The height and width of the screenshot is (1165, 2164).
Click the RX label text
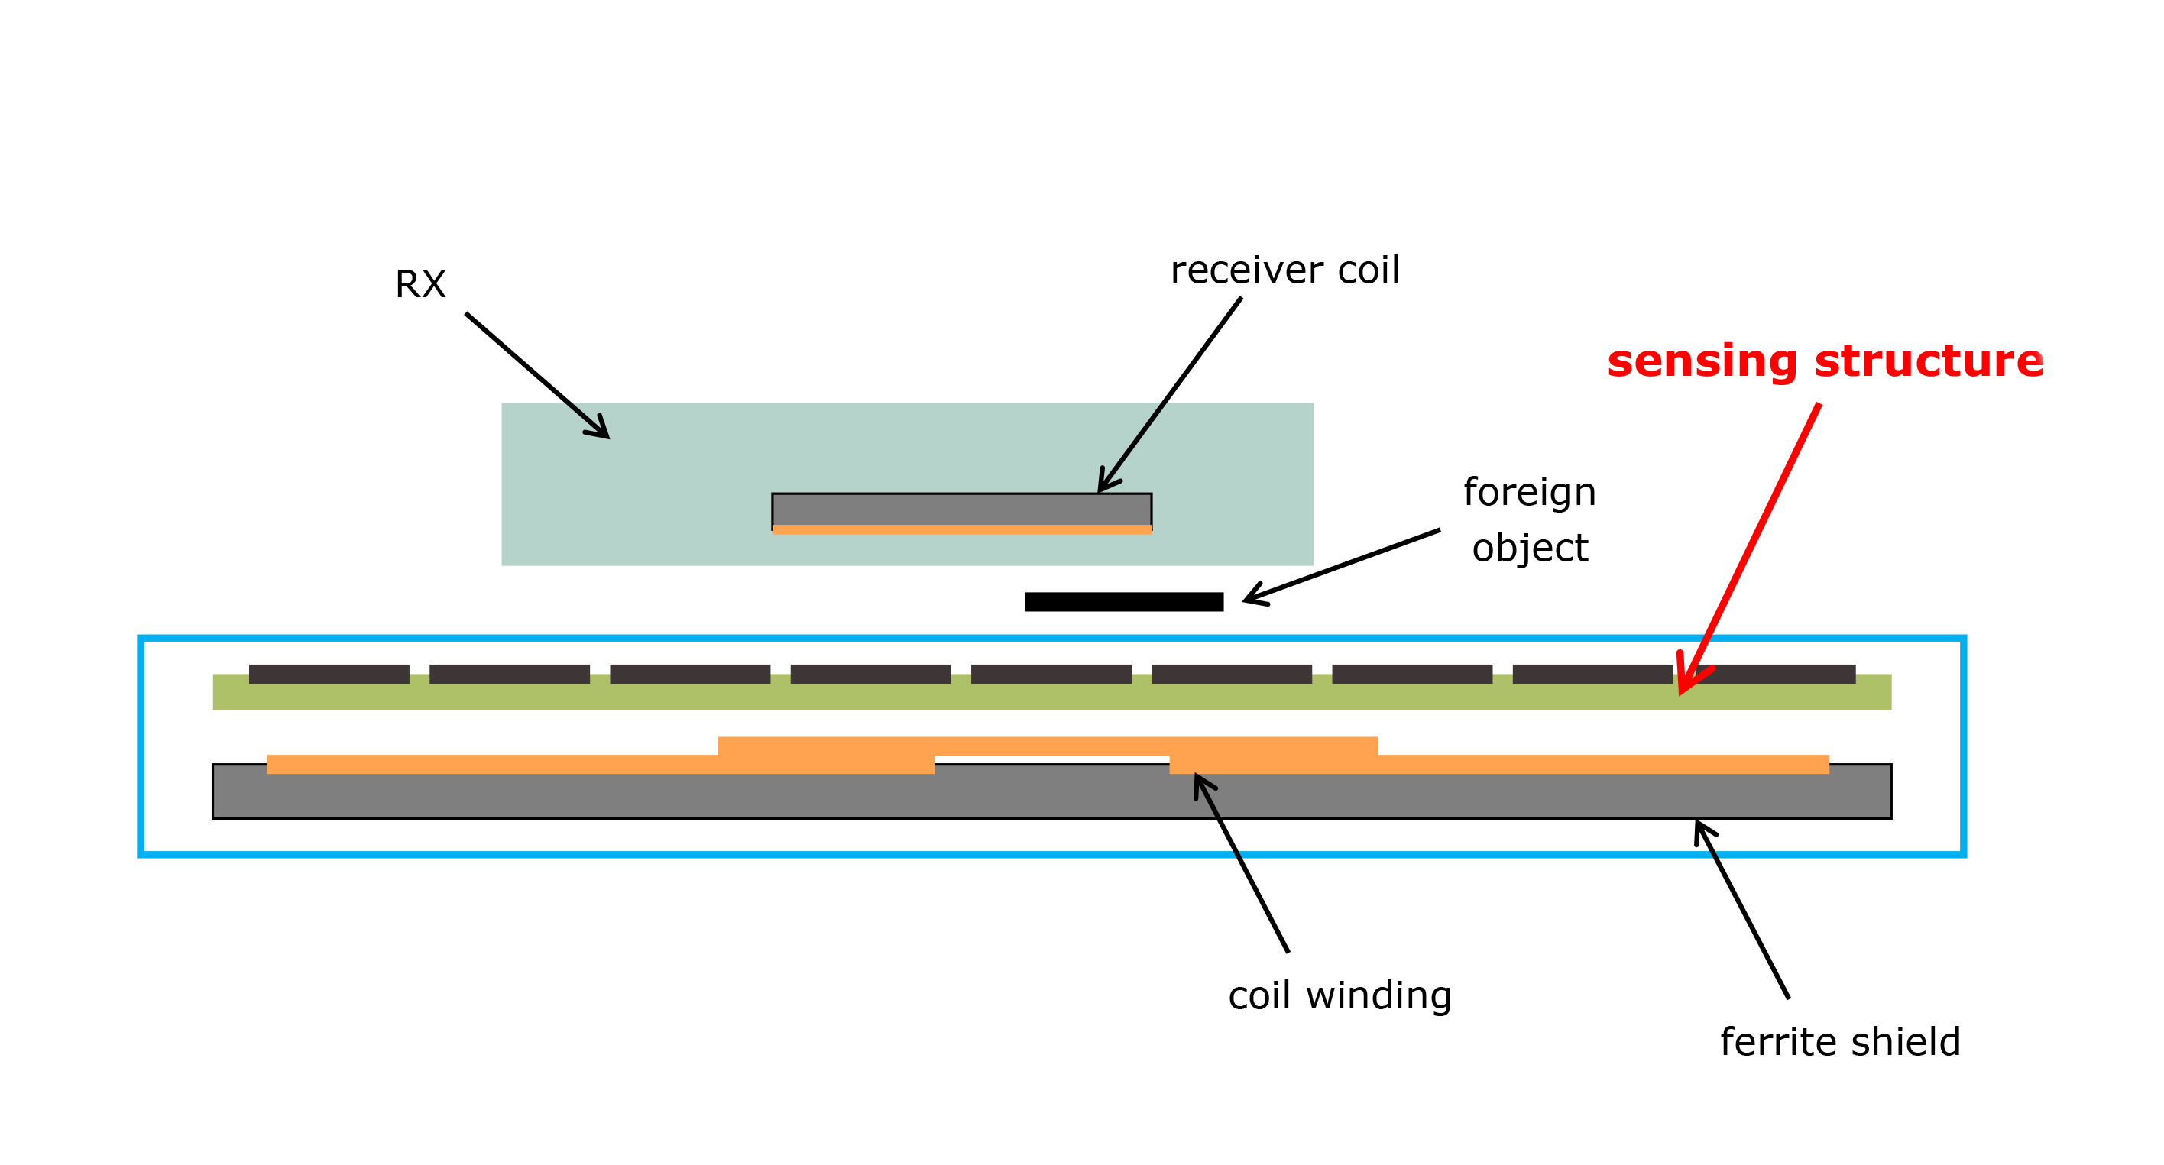tap(420, 284)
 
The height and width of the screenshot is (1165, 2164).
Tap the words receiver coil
tap(1284, 270)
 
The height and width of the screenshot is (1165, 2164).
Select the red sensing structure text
tap(1825, 361)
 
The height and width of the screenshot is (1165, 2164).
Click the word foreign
tap(1530, 492)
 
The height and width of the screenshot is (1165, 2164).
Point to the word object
tap(1530, 549)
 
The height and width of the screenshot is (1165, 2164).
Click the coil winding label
tap(1340, 995)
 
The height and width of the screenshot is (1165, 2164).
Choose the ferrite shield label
tap(1841, 1041)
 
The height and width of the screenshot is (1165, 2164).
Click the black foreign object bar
tap(1124, 601)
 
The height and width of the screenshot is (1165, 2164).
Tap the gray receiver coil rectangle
tap(962, 510)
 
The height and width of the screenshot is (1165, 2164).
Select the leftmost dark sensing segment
tap(329, 674)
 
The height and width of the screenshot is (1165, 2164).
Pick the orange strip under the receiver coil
tap(962, 530)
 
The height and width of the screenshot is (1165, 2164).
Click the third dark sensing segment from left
tap(690, 674)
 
